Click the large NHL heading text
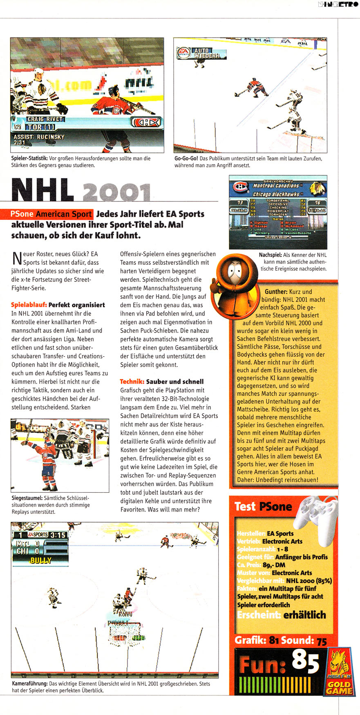(43, 190)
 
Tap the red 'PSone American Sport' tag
(51, 214)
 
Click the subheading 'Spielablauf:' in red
(29, 305)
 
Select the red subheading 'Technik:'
(132, 381)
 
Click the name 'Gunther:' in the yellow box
(276, 292)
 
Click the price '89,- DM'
(274, 565)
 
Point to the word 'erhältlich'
(305, 615)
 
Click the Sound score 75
(322, 641)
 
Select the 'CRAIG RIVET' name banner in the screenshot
(45, 119)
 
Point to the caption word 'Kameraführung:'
(29, 684)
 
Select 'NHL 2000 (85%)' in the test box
(309, 581)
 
